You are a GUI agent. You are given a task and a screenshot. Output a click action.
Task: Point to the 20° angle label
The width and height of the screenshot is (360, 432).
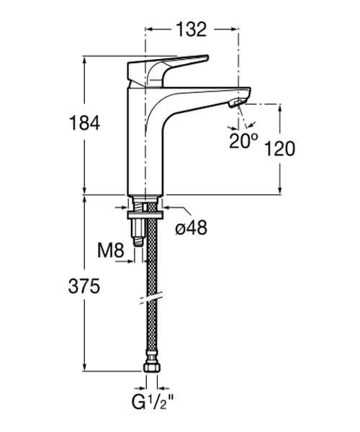(x=243, y=140)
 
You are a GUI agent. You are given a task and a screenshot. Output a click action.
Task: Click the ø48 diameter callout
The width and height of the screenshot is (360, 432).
(x=191, y=228)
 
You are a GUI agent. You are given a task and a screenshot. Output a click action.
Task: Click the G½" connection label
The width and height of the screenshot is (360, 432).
(x=150, y=400)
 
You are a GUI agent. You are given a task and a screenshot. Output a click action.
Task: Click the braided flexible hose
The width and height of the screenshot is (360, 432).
(x=150, y=274)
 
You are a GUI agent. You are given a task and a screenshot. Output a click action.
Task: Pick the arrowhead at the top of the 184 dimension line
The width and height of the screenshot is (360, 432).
(x=86, y=60)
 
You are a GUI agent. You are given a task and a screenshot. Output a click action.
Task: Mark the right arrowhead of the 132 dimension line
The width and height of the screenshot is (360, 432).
(x=235, y=29)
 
